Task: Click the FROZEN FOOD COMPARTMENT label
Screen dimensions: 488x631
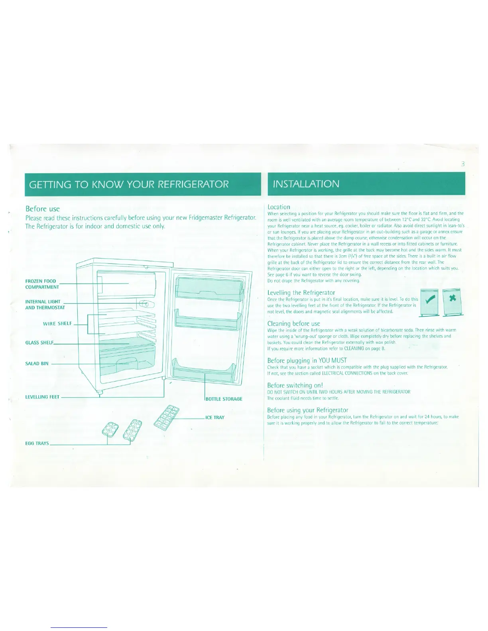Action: (x=41, y=284)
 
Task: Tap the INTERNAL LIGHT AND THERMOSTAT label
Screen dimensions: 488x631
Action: (x=45, y=304)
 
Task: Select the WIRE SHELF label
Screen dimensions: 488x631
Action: (x=57, y=323)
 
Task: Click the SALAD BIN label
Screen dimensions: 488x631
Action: (x=37, y=363)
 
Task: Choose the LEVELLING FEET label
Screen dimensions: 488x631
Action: (x=42, y=397)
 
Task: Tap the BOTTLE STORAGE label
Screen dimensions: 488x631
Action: (x=224, y=399)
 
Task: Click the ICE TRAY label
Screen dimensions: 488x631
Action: (x=215, y=417)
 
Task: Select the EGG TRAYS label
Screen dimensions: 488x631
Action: (x=37, y=443)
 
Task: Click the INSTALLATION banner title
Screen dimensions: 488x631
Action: (x=306, y=184)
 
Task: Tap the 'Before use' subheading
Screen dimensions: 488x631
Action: (x=42, y=209)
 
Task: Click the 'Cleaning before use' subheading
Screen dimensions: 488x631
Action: (x=293, y=323)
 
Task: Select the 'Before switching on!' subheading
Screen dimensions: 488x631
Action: (x=295, y=385)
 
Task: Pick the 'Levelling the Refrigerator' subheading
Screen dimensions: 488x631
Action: (x=301, y=293)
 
